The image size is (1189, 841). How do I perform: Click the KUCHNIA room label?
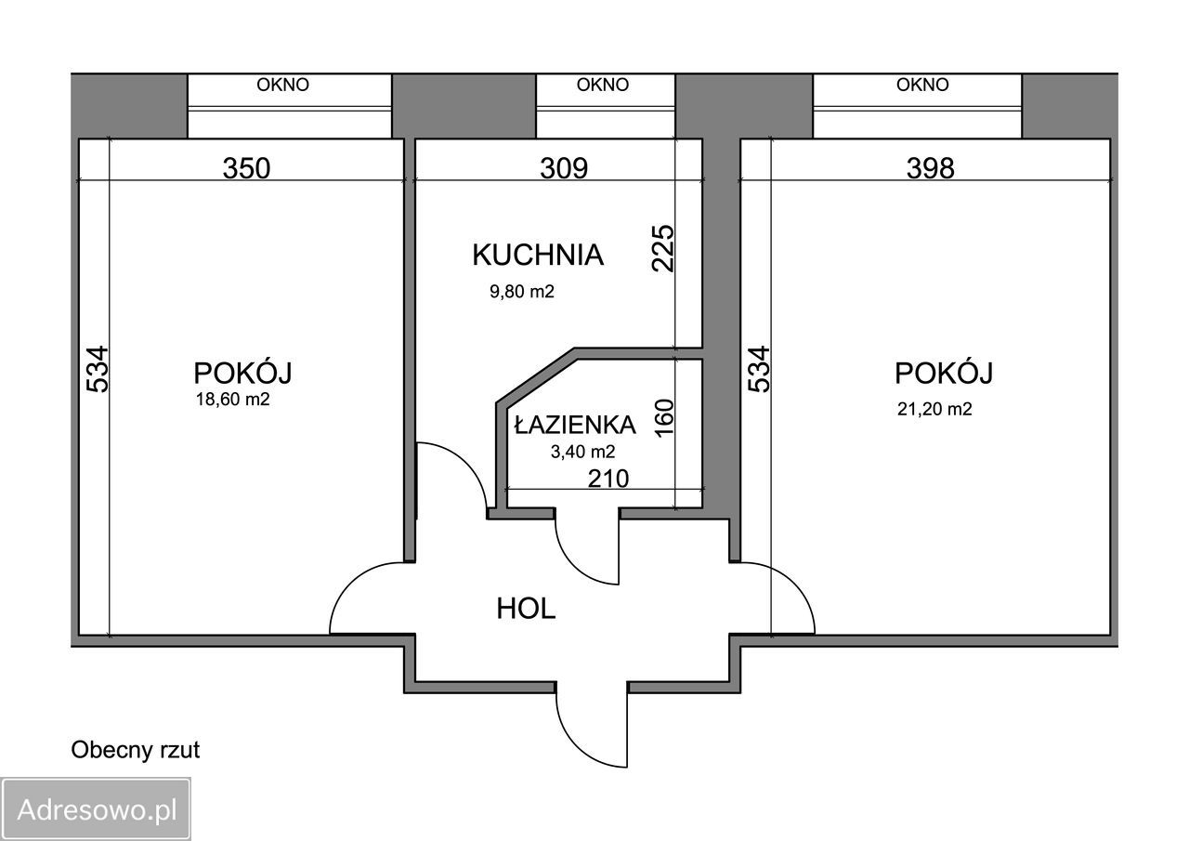click(x=538, y=255)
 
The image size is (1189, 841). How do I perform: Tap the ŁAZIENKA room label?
click(x=575, y=425)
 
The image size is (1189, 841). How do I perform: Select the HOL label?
click(x=526, y=610)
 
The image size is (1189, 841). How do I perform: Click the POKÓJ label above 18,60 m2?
click(x=243, y=374)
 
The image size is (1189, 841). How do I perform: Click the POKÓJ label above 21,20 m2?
click(x=944, y=374)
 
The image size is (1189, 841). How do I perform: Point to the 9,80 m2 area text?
click(x=522, y=292)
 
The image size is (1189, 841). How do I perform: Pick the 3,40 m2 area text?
click(x=582, y=453)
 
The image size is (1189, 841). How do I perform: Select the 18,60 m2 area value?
click(x=233, y=401)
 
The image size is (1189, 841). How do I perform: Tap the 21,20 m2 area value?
click(x=934, y=409)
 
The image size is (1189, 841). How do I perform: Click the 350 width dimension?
click(x=246, y=168)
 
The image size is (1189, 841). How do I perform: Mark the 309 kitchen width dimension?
click(x=564, y=168)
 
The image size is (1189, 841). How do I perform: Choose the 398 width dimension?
click(x=931, y=168)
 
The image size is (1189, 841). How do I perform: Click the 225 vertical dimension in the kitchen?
click(x=663, y=247)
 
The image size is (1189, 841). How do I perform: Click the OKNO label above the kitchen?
click(x=603, y=85)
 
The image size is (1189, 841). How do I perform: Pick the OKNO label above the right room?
click(x=922, y=85)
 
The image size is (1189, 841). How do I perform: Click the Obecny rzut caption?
click(x=136, y=750)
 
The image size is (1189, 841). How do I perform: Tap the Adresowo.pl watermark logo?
click(x=97, y=808)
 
